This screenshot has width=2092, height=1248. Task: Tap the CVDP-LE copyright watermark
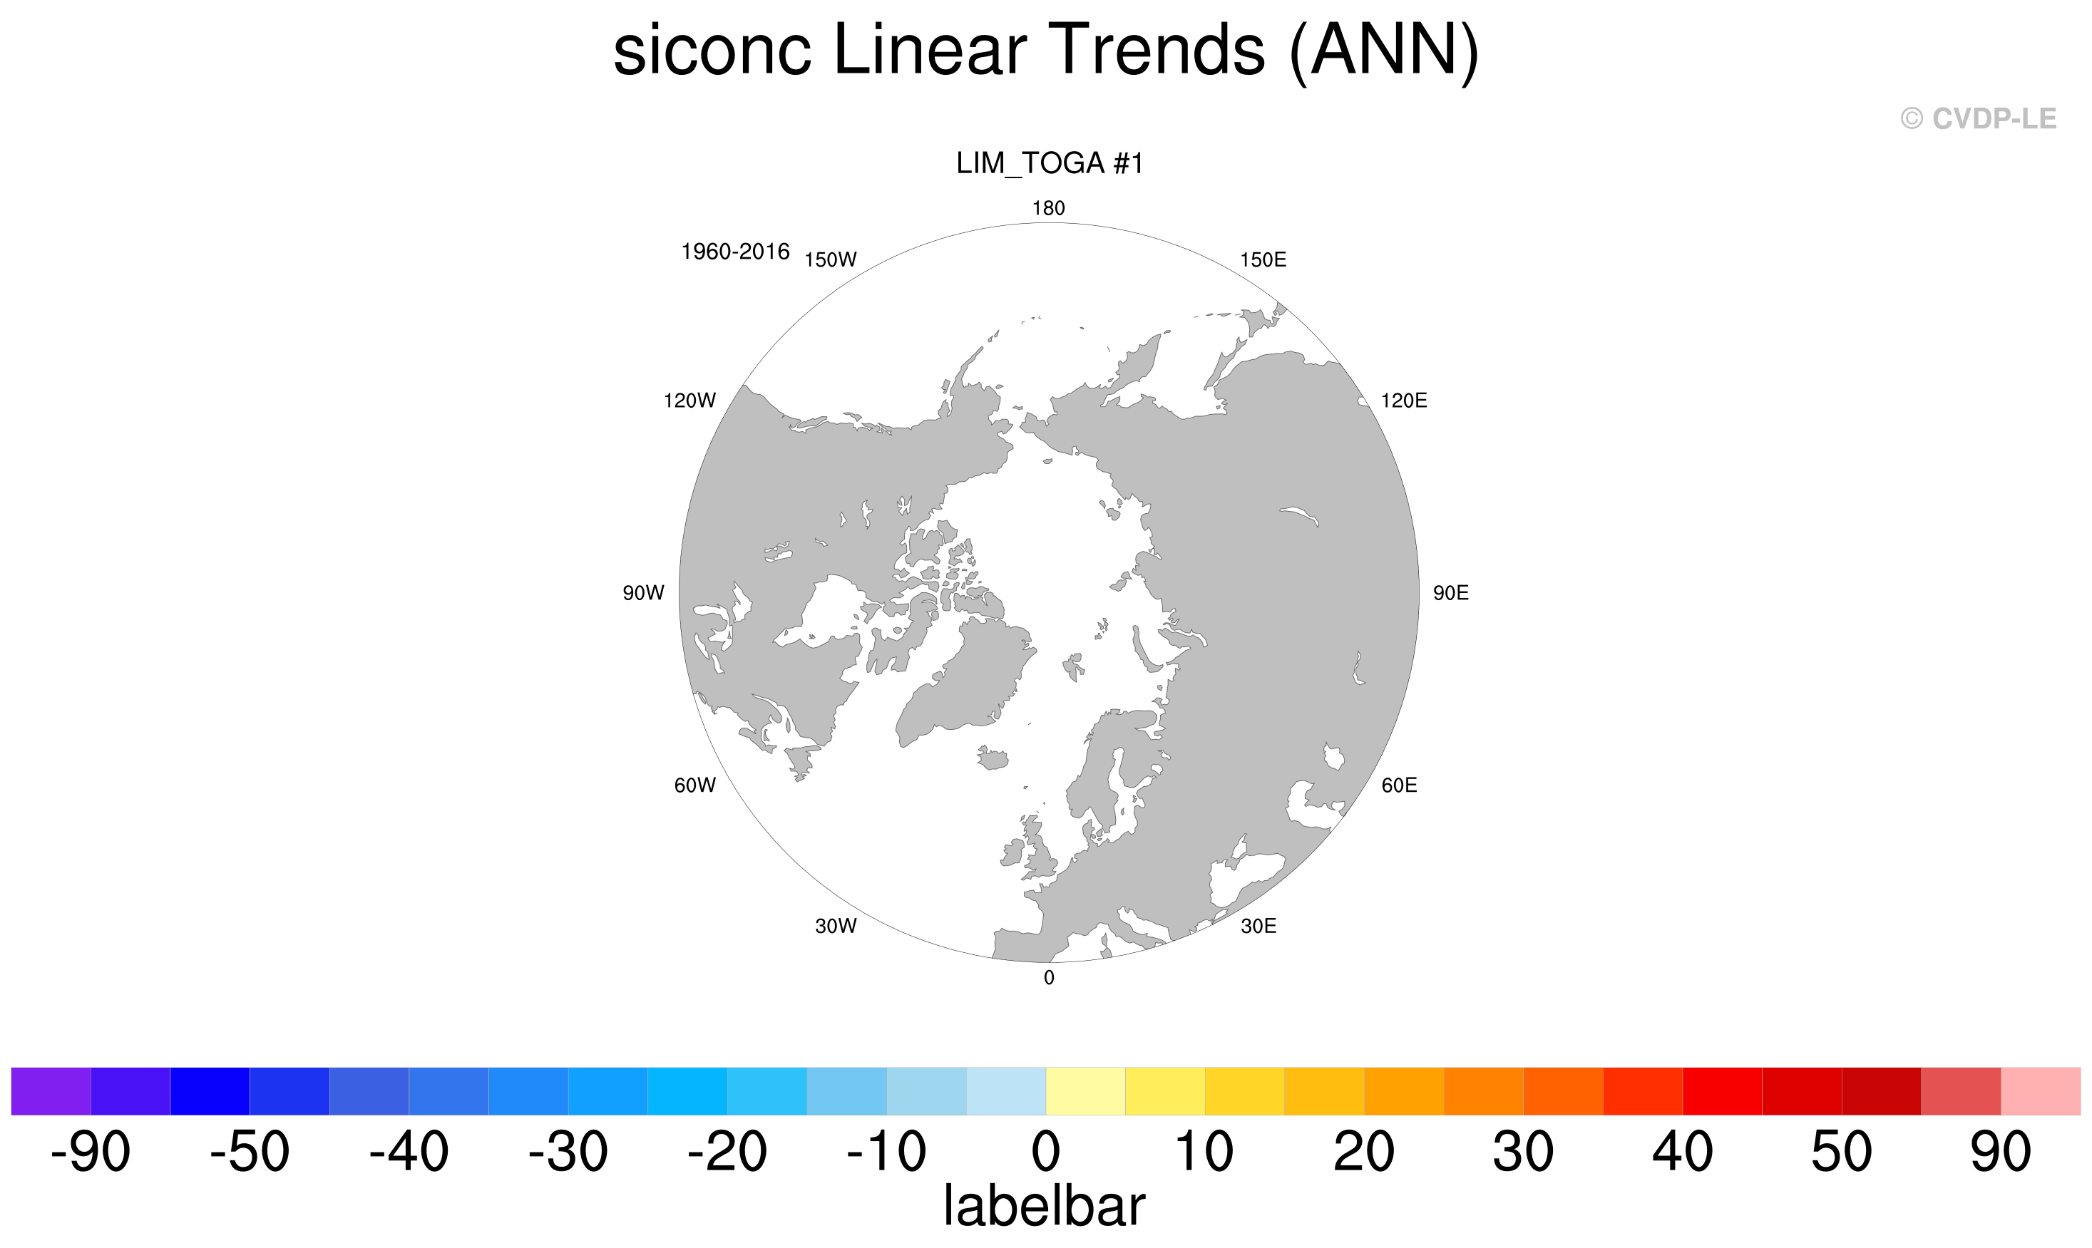pos(1979,118)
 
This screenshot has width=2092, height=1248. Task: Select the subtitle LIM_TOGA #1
pos(1050,163)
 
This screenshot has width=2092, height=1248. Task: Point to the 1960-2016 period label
pos(735,252)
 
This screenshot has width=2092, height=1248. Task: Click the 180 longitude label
pos(1049,207)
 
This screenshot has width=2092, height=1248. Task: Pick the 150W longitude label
pos(830,260)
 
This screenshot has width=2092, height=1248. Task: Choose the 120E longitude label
pos(1404,401)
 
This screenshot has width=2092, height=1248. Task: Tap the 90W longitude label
pos(643,593)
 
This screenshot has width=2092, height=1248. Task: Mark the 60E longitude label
pos(1400,785)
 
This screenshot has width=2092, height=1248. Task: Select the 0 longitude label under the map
pos(1049,977)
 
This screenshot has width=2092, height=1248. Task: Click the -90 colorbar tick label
pos(91,1151)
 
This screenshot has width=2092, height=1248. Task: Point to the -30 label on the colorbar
pos(568,1151)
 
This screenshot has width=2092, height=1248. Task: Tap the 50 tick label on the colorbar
pos(1841,1151)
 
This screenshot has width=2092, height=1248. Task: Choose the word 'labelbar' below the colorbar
pos(1044,1205)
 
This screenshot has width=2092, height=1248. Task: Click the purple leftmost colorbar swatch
pos(51,1090)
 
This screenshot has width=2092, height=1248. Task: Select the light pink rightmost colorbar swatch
pos(2041,1090)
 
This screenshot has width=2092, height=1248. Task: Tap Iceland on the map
pos(993,758)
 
